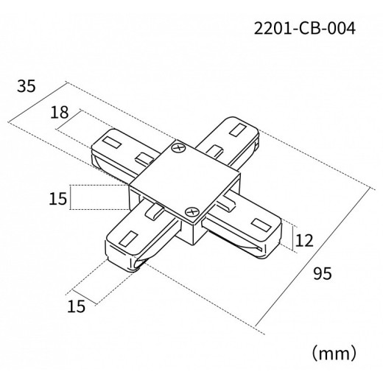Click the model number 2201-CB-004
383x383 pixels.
pos(304,29)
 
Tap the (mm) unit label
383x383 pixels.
pos(334,353)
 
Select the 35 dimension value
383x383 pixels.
pos(27,86)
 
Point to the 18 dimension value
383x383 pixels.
pos(59,113)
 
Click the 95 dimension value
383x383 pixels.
pos(323,273)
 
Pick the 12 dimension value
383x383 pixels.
pos(304,241)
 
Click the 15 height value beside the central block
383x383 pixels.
pos(58,198)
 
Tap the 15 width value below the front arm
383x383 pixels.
pos(77,306)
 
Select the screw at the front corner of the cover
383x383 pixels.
pos(191,212)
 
